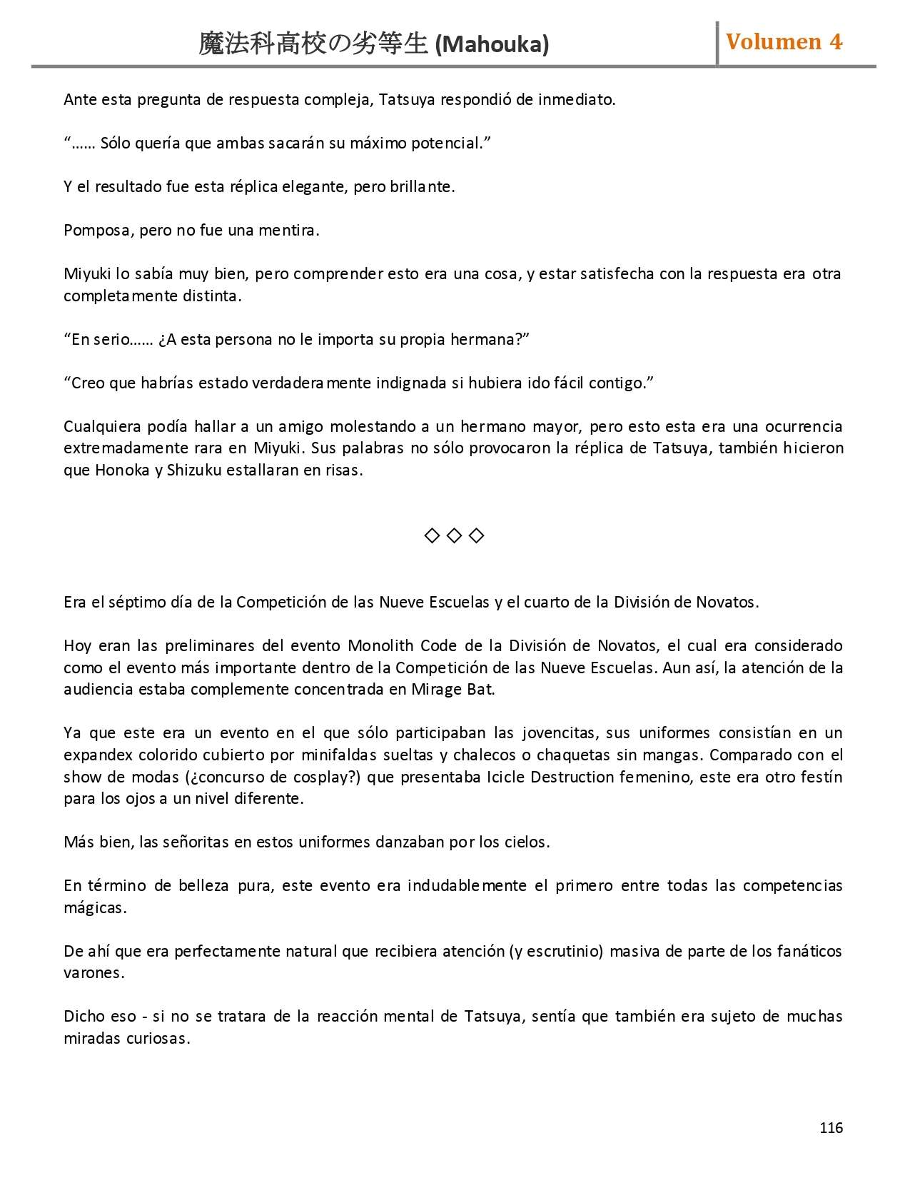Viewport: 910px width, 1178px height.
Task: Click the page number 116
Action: [x=831, y=1127]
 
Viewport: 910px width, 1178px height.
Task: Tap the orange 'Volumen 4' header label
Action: [x=784, y=42]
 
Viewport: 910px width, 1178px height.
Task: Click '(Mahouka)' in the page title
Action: [x=492, y=45]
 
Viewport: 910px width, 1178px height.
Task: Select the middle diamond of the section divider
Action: [x=454, y=535]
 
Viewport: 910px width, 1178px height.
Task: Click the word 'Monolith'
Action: [x=380, y=646]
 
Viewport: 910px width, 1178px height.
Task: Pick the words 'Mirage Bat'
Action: [x=453, y=690]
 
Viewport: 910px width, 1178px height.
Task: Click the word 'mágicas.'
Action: [x=95, y=908]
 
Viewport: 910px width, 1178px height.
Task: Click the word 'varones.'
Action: [x=93, y=973]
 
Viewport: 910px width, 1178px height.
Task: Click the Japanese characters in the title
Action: [x=313, y=44]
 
